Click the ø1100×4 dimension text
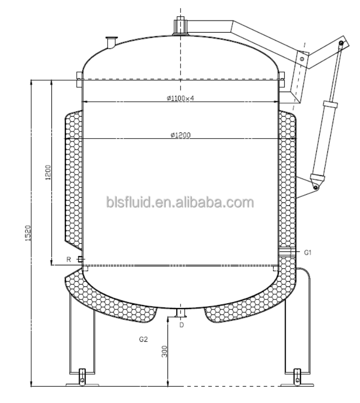pos(180,98)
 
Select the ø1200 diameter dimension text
pos(180,135)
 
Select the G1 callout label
pos(308,251)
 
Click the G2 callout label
pos(143,339)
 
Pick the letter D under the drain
pos(181,325)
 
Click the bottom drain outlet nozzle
pos(181,312)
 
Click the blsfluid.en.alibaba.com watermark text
pos(180,202)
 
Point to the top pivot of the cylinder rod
pos(341,44)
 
